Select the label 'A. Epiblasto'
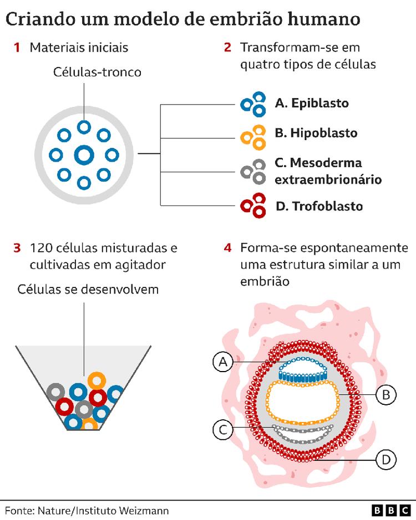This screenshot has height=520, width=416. (x=312, y=103)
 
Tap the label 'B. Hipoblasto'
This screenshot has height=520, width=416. (x=316, y=133)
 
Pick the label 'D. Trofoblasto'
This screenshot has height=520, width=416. (x=319, y=207)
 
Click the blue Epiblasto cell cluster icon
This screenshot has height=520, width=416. (x=252, y=104)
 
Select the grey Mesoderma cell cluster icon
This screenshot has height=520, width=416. (x=252, y=171)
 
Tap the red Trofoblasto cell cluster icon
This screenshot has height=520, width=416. (x=252, y=204)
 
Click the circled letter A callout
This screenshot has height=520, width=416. (x=223, y=362)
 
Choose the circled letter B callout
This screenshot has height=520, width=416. (x=386, y=395)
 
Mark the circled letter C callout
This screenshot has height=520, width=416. (x=223, y=429)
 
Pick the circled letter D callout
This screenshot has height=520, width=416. (x=386, y=459)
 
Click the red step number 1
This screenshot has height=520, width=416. (x=17, y=48)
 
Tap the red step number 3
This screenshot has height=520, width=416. (x=17, y=248)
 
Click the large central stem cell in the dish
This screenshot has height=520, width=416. (x=84, y=155)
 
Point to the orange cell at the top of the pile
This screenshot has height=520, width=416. (x=97, y=380)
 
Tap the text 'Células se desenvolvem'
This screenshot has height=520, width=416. (x=88, y=290)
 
